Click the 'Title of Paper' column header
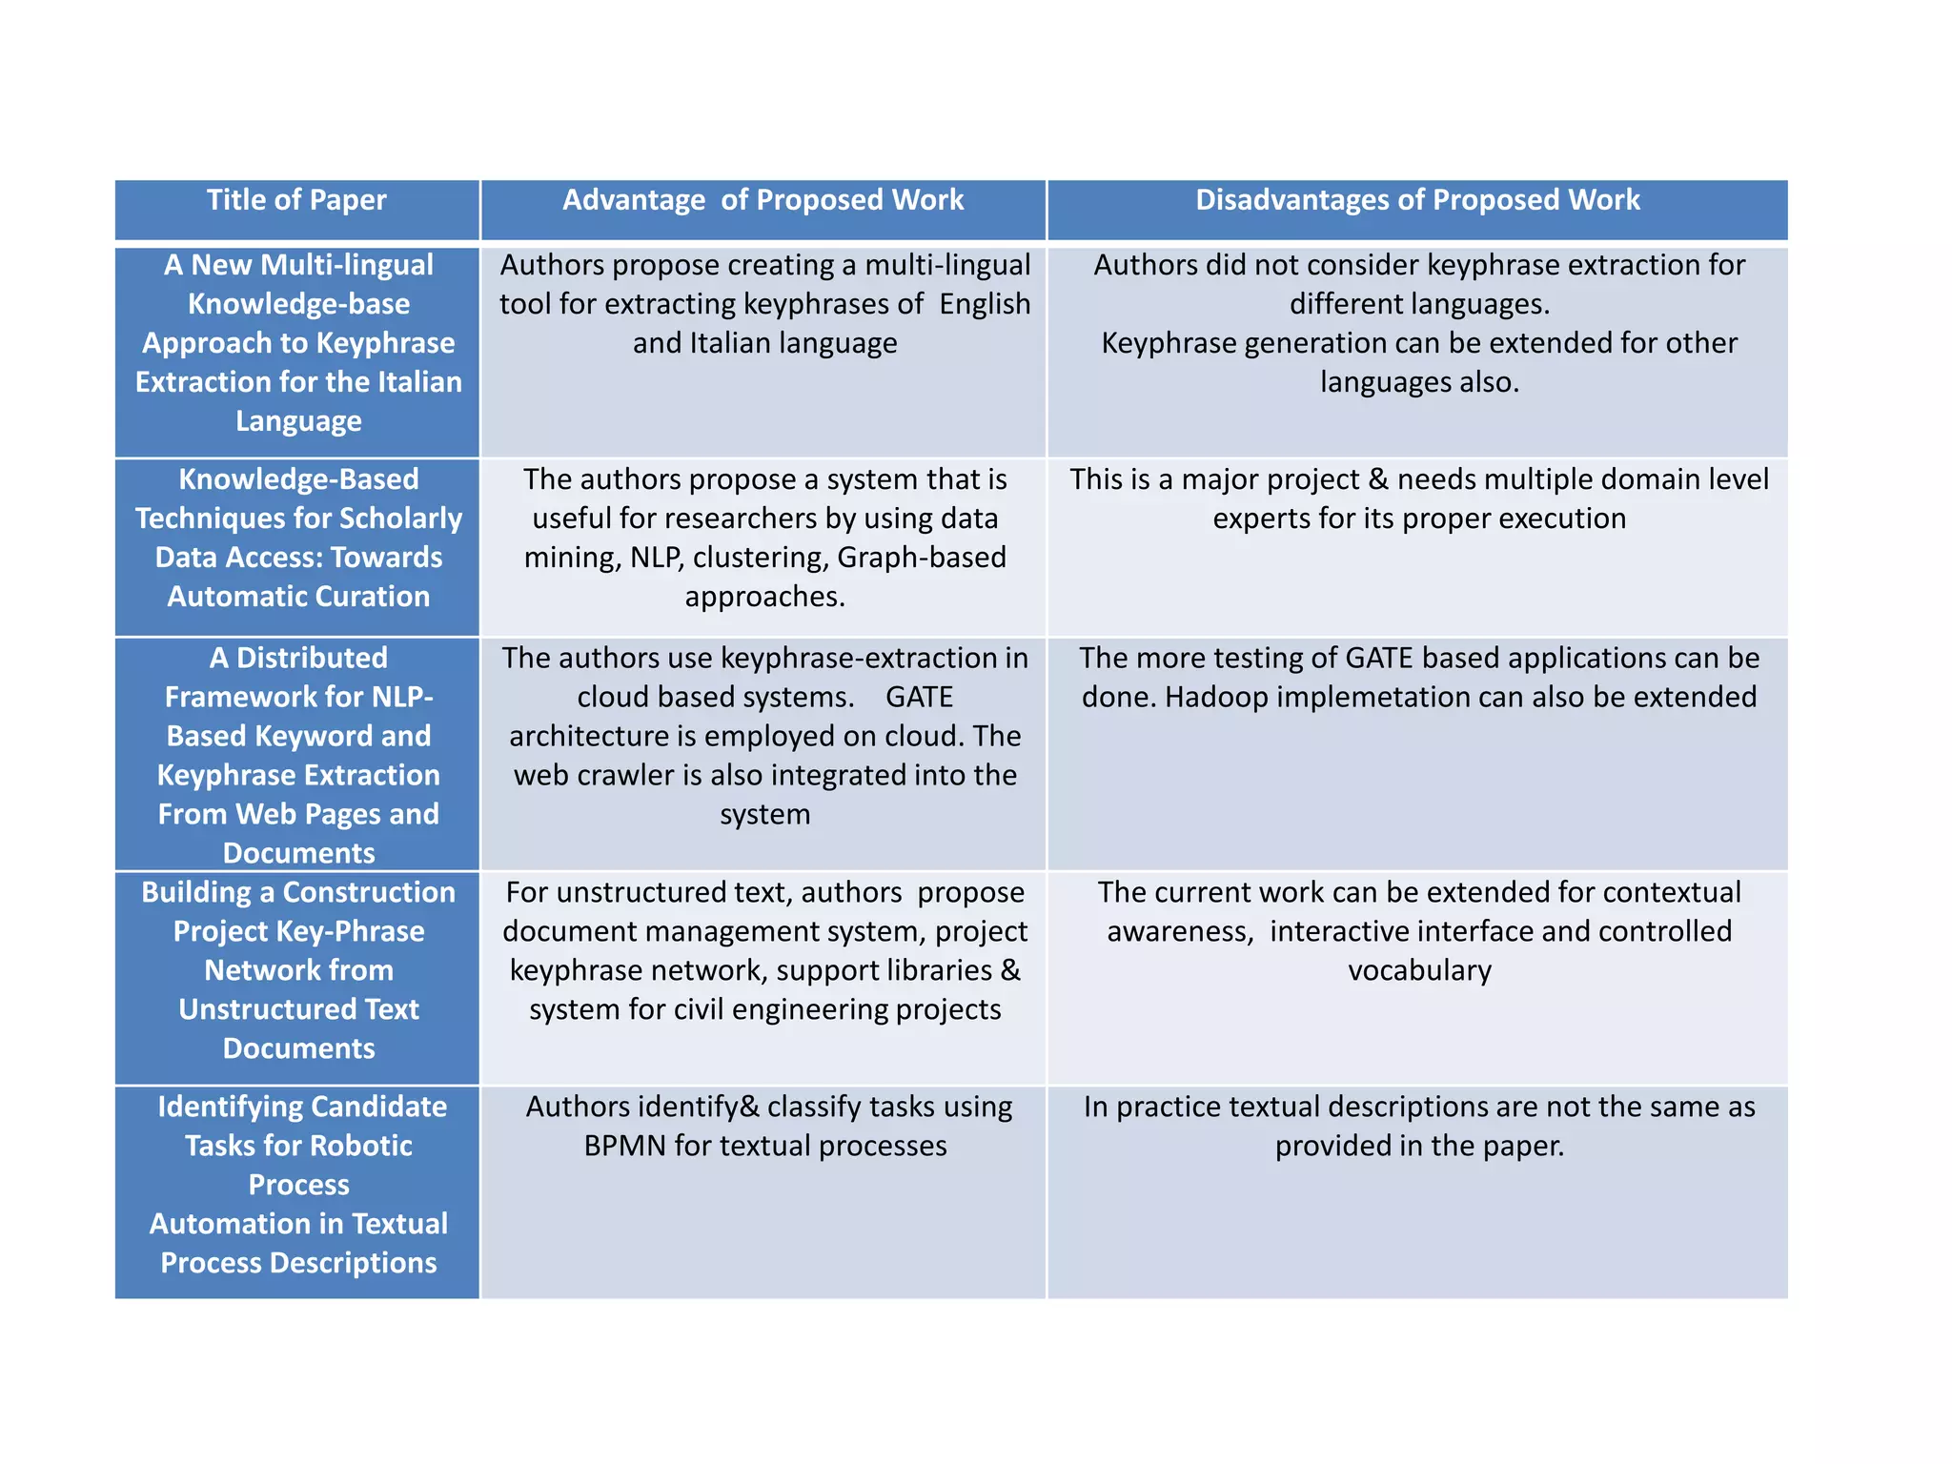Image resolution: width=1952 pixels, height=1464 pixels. point(296,200)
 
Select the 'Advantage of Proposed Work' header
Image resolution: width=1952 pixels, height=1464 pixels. point(762,200)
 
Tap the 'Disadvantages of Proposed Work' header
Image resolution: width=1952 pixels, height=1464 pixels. point(1417,200)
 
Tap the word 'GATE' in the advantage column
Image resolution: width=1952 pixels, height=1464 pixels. point(919,698)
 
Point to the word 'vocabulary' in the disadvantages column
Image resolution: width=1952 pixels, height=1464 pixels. point(1419,971)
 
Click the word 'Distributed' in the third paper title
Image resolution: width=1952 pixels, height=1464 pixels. point(312,659)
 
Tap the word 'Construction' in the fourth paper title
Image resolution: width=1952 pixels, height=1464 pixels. point(369,893)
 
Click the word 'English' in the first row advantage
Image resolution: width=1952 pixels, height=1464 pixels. point(985,304)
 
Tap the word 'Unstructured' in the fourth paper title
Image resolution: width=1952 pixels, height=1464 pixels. point(298,1010)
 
